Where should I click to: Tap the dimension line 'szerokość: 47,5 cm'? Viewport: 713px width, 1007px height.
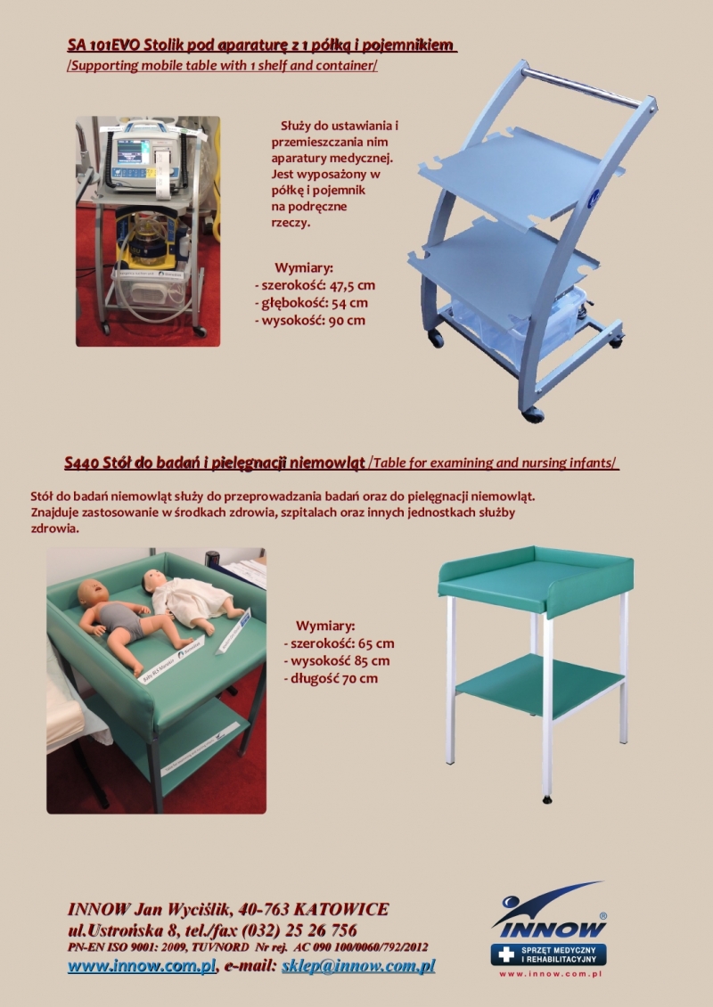315,285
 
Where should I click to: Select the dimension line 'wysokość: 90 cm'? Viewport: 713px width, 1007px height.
310,320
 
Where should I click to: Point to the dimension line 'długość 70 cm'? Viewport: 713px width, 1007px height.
330,678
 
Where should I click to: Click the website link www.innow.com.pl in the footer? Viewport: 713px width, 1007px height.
142,965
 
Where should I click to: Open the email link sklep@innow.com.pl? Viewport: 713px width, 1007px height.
357,965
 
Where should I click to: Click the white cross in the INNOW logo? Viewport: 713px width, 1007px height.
506,954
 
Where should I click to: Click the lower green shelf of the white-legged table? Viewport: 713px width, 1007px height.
539,685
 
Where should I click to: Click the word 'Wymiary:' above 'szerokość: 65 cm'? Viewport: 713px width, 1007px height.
325,626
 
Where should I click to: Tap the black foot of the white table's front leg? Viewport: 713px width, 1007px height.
547,799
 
